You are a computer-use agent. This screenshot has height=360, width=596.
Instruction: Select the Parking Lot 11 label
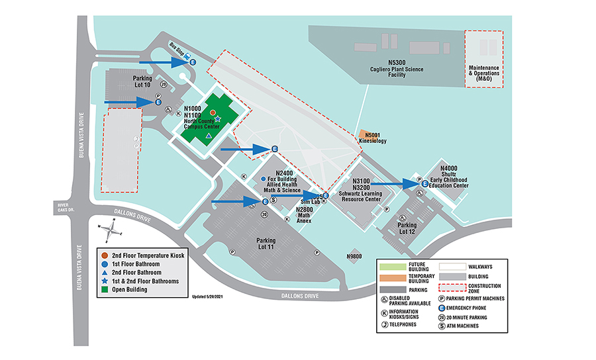pos(266,244)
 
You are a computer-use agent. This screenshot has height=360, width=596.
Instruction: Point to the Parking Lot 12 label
pos(407,229)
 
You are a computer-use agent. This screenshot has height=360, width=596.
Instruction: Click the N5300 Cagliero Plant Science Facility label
pos(397,68)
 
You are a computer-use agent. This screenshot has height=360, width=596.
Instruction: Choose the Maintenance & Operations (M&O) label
pos(483,70)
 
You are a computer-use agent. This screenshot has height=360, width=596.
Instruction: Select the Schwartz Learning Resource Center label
pos(360,189)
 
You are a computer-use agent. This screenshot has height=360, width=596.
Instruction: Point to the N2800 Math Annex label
pos(305,215)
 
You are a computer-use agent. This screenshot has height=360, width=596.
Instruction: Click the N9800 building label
pos(355,256)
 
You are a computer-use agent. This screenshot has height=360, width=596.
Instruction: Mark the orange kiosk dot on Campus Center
pos(213,113)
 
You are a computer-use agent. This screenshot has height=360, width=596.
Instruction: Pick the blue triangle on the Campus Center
pos(209,135)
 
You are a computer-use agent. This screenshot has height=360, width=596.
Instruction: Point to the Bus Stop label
pos(177,48)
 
